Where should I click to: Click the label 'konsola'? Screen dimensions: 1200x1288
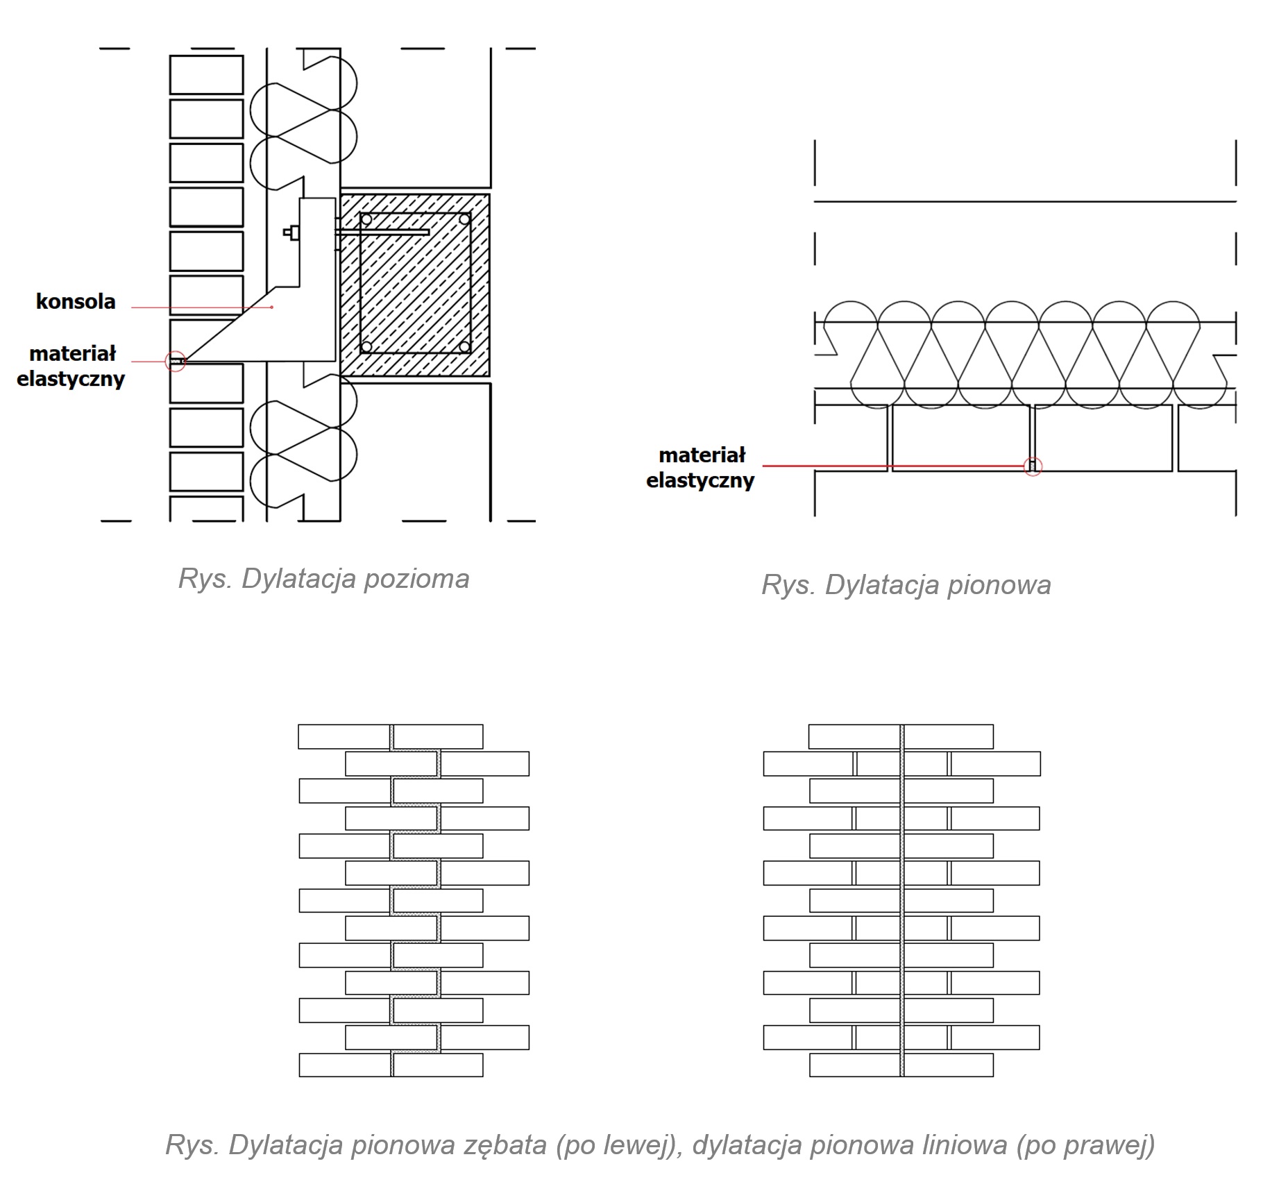click(x=76, y=302)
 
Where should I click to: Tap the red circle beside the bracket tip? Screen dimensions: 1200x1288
click(x=176, y=362)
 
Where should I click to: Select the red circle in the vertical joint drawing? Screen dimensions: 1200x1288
click(x=1033, y=466)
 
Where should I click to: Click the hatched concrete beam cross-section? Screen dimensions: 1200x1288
click(x=415, y=285)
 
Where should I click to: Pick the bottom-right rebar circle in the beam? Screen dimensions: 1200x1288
click(x=465, y=346)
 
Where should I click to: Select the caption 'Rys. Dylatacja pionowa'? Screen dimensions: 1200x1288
click(x=906, y=585)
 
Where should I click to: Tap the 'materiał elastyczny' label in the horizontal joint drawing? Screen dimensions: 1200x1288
click(x=71, y=366)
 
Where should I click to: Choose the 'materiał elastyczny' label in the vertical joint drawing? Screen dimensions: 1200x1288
click(x=701, y=468)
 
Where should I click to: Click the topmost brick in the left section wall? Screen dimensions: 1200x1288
click(x=206, y=75)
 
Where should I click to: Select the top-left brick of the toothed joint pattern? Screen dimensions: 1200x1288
click(x=344, y=736)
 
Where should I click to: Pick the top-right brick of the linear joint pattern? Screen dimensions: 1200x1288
click(x=948, y=736)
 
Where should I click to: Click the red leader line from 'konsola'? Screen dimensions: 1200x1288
click(x=201, y=307)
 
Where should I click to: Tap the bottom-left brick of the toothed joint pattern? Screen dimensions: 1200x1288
click(x=344, y=1065)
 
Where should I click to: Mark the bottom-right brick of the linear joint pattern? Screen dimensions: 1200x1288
click(x=948, y=1065)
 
